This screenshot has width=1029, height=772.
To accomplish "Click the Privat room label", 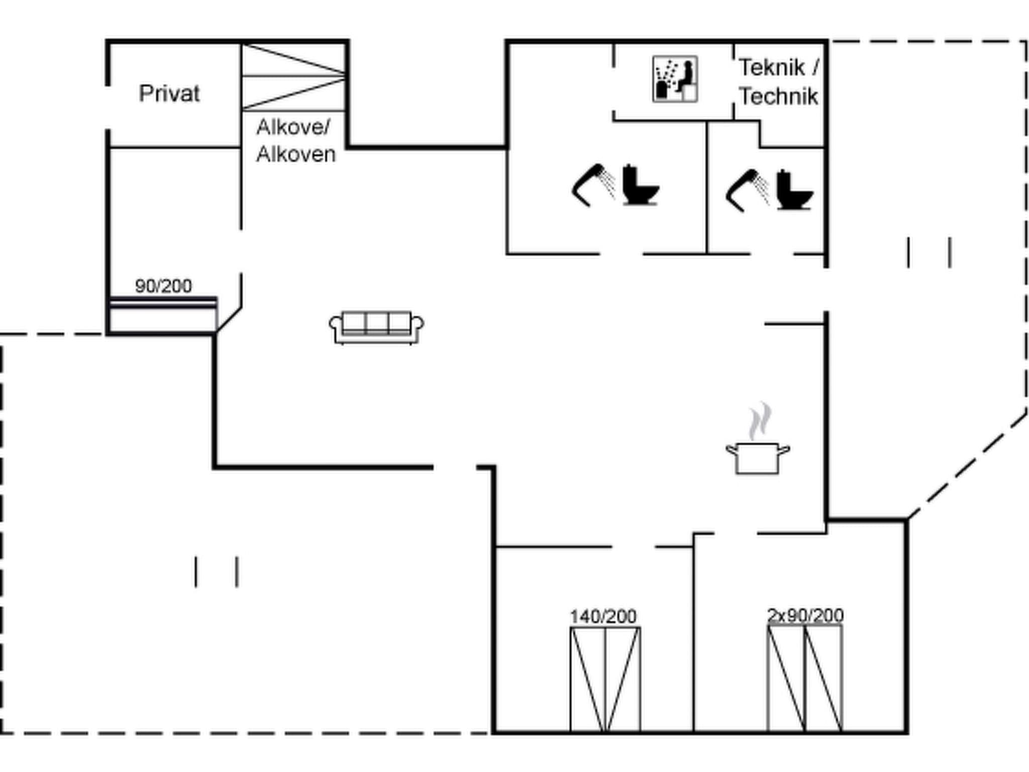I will click(169, 94).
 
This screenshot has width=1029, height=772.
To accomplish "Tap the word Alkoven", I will click(296, 154).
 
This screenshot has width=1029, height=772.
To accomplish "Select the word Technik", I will click(778, 96).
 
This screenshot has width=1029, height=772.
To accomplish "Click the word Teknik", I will click(772, 67).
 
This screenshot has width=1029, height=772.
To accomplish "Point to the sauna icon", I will click(675, 79).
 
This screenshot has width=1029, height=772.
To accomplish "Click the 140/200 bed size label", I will click(603, 616).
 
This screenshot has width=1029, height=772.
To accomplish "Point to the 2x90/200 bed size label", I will click(805, 615).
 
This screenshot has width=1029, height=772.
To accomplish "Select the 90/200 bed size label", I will click(163, 286).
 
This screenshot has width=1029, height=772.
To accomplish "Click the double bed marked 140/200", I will click(605, 679).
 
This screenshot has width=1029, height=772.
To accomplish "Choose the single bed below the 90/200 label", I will click(163, 315).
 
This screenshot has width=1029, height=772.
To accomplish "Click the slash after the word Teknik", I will click(815, 67).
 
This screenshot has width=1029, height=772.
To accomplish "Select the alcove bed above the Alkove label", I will click(293, 77).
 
